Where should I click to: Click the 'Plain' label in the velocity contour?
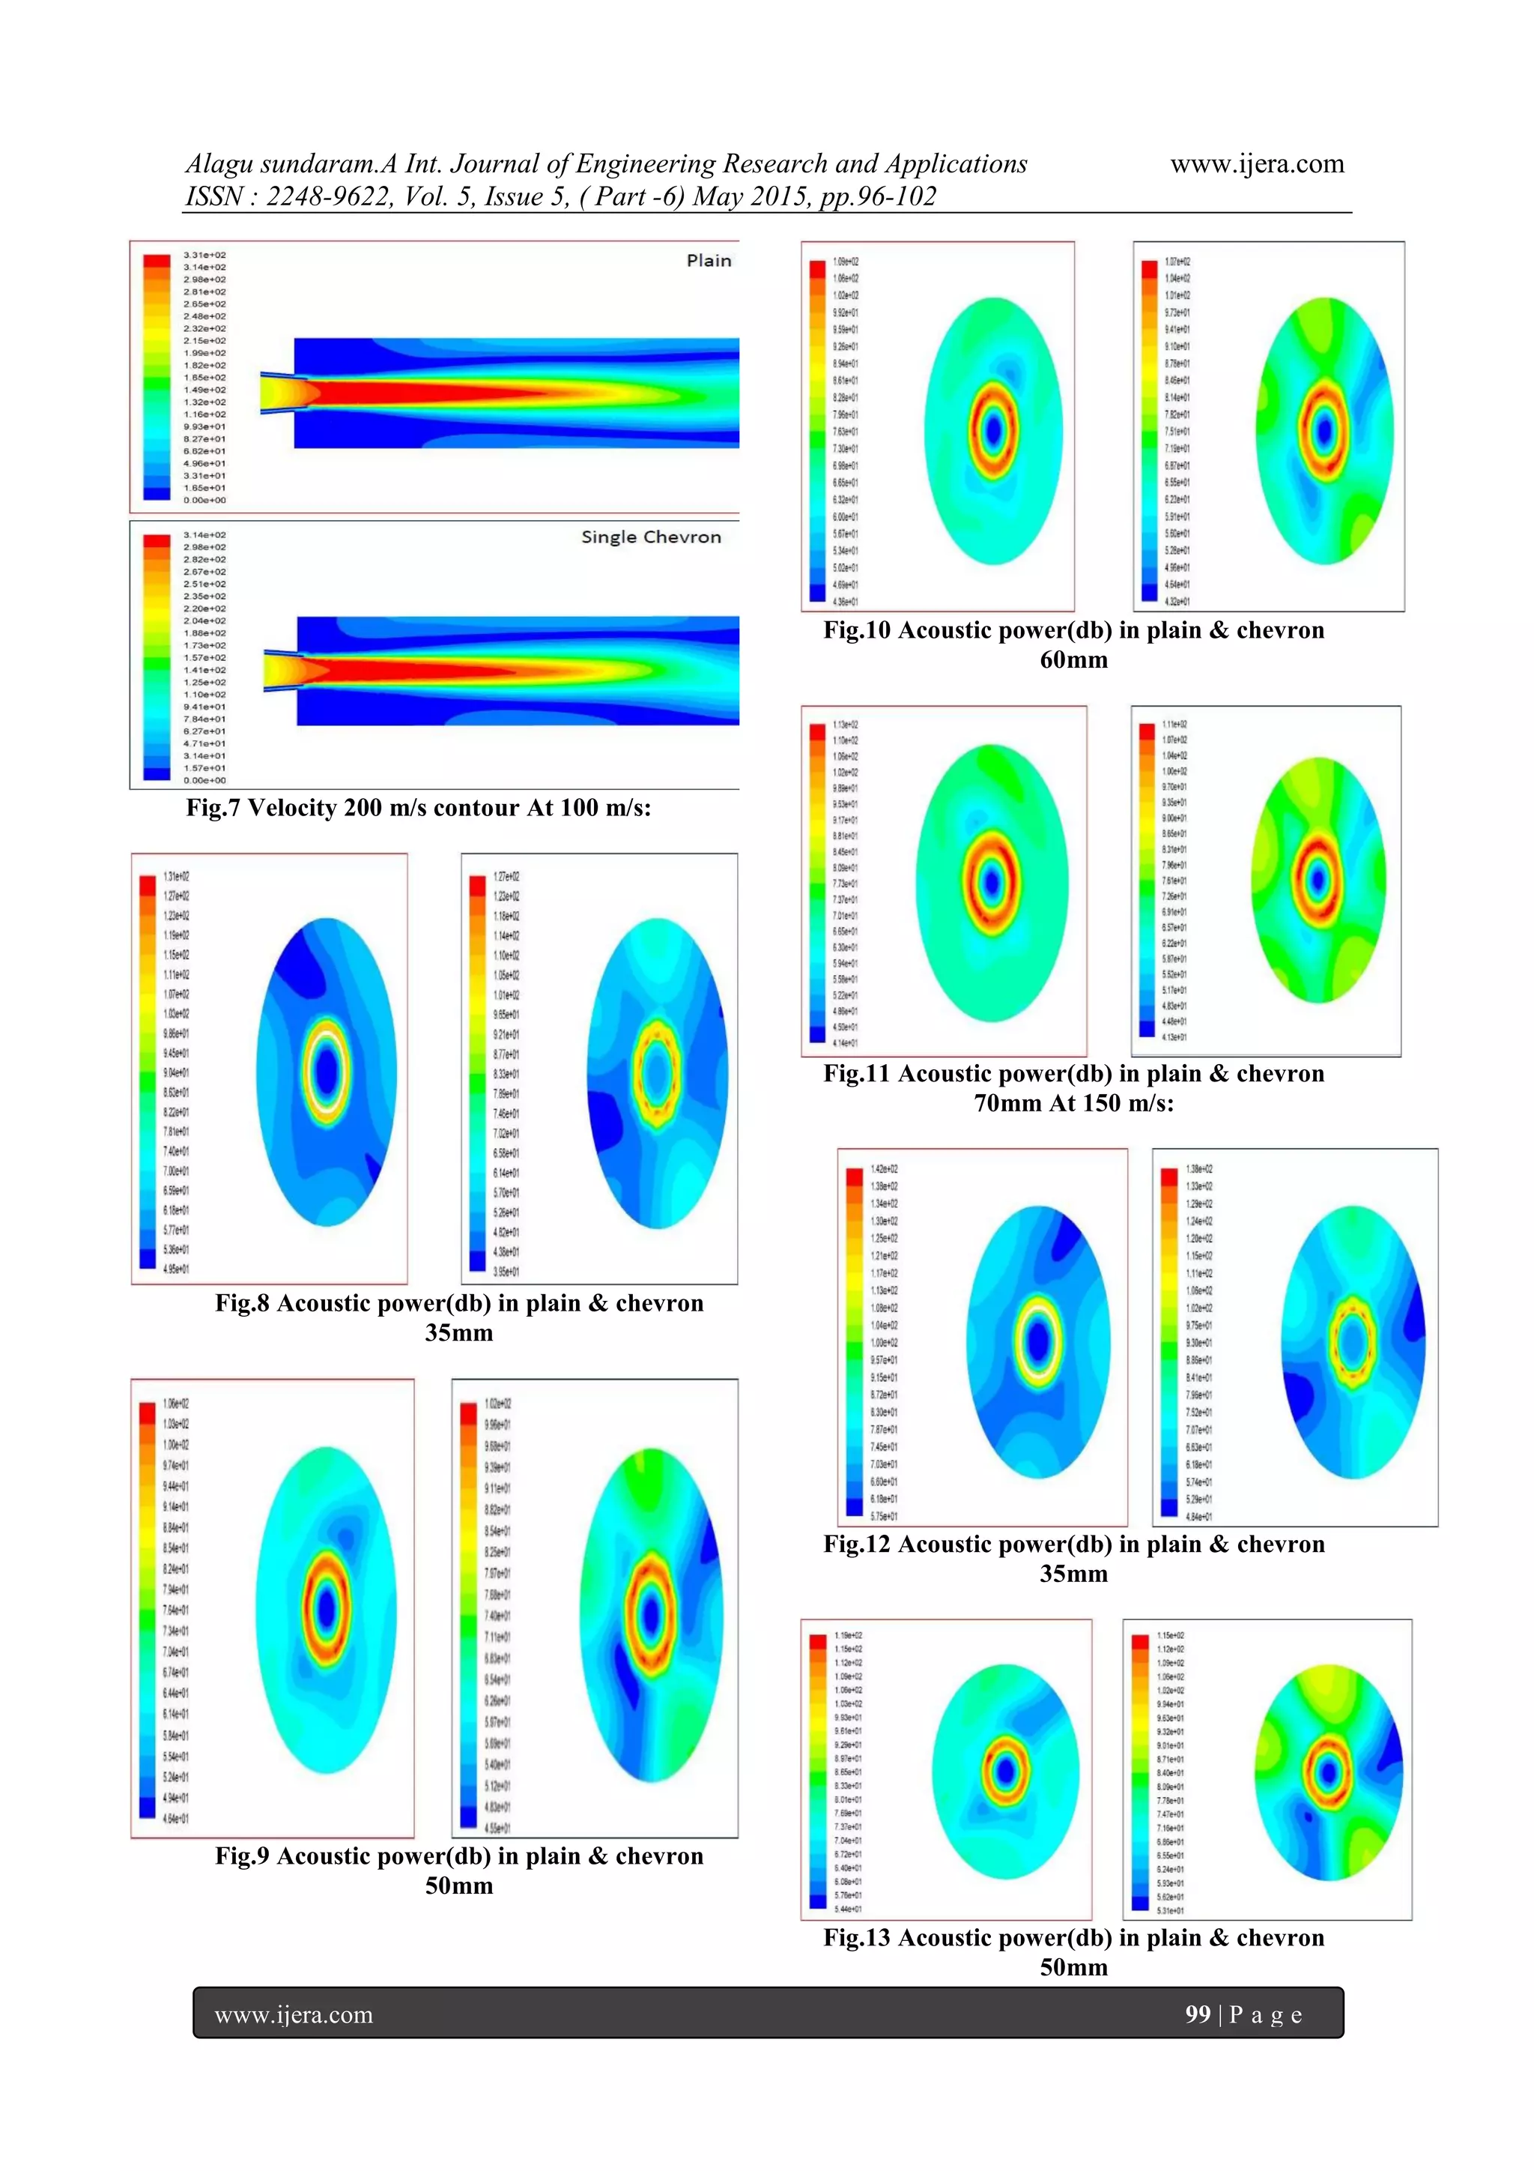pyautogui.click(x=708, y=261)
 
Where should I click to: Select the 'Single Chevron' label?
pyautogui.click(x=650, y=537)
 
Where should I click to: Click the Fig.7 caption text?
pyautogui.click(x=418, y=808)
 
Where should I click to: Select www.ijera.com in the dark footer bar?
pyautogui.click(x=294, y=2015)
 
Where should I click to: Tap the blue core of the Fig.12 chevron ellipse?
pyautogui.click(x=1353, y=1341)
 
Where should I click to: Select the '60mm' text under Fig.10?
pyautogui.click(x=1073, y=660)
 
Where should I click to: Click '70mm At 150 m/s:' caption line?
pyautogui.click(x=1073, y=1103)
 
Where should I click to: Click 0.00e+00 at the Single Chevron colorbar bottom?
pyautogui.click(x=204, y=780)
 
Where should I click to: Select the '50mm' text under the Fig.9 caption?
pyautogui.click(x=458, y=1885)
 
